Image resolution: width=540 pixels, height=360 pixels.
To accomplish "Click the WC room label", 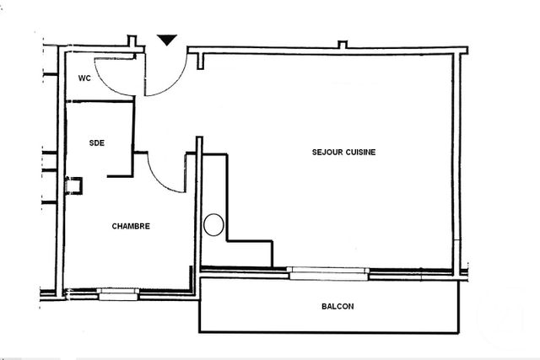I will pyautogui.click(x=84, y=78).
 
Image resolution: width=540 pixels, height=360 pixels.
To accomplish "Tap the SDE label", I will pyautogui.click(x=97, y=142).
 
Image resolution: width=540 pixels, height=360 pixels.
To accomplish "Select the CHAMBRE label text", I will pyautogui.click(x=131, y=226).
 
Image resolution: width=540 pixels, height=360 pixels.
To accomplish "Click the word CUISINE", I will pyautogui.click(x=359, y=152).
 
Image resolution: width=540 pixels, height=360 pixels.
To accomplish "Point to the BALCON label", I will pyautogui.click(x=337, y=306).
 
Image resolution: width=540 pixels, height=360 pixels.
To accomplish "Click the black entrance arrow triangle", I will pyautogui.click(x=167, y=40).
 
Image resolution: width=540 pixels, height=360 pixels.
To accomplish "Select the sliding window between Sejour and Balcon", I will pyautogui.click(x=328, y=271).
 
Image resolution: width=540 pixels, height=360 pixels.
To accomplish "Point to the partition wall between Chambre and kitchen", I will pyautogui.click(x=199, y=211).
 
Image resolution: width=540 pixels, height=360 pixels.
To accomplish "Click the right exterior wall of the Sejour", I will pyautogui.click(x=461, y=160).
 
